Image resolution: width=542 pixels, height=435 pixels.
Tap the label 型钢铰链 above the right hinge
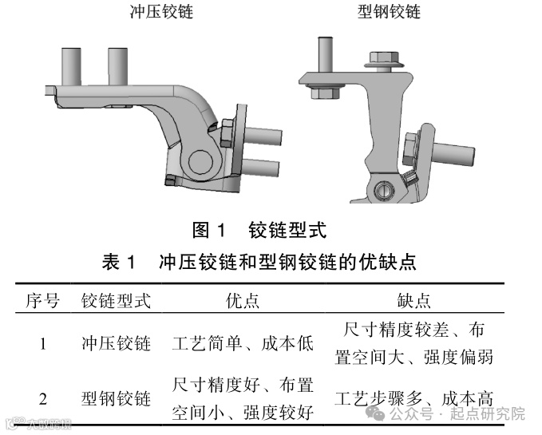[388, 12]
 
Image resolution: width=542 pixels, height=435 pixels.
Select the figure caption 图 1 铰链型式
[259, 231]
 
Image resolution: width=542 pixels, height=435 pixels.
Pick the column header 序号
[42, 301]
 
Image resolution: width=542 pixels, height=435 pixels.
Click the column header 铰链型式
[117, 301]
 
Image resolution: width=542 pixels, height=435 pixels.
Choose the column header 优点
[243, 301]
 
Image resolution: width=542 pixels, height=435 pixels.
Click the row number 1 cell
[42, 344]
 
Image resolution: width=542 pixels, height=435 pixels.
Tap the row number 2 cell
[42, 398]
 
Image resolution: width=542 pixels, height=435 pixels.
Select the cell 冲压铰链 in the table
[117, 344]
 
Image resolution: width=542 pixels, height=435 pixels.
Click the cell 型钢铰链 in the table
[117, 398]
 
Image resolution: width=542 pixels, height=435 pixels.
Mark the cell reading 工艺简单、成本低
[243, 344]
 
